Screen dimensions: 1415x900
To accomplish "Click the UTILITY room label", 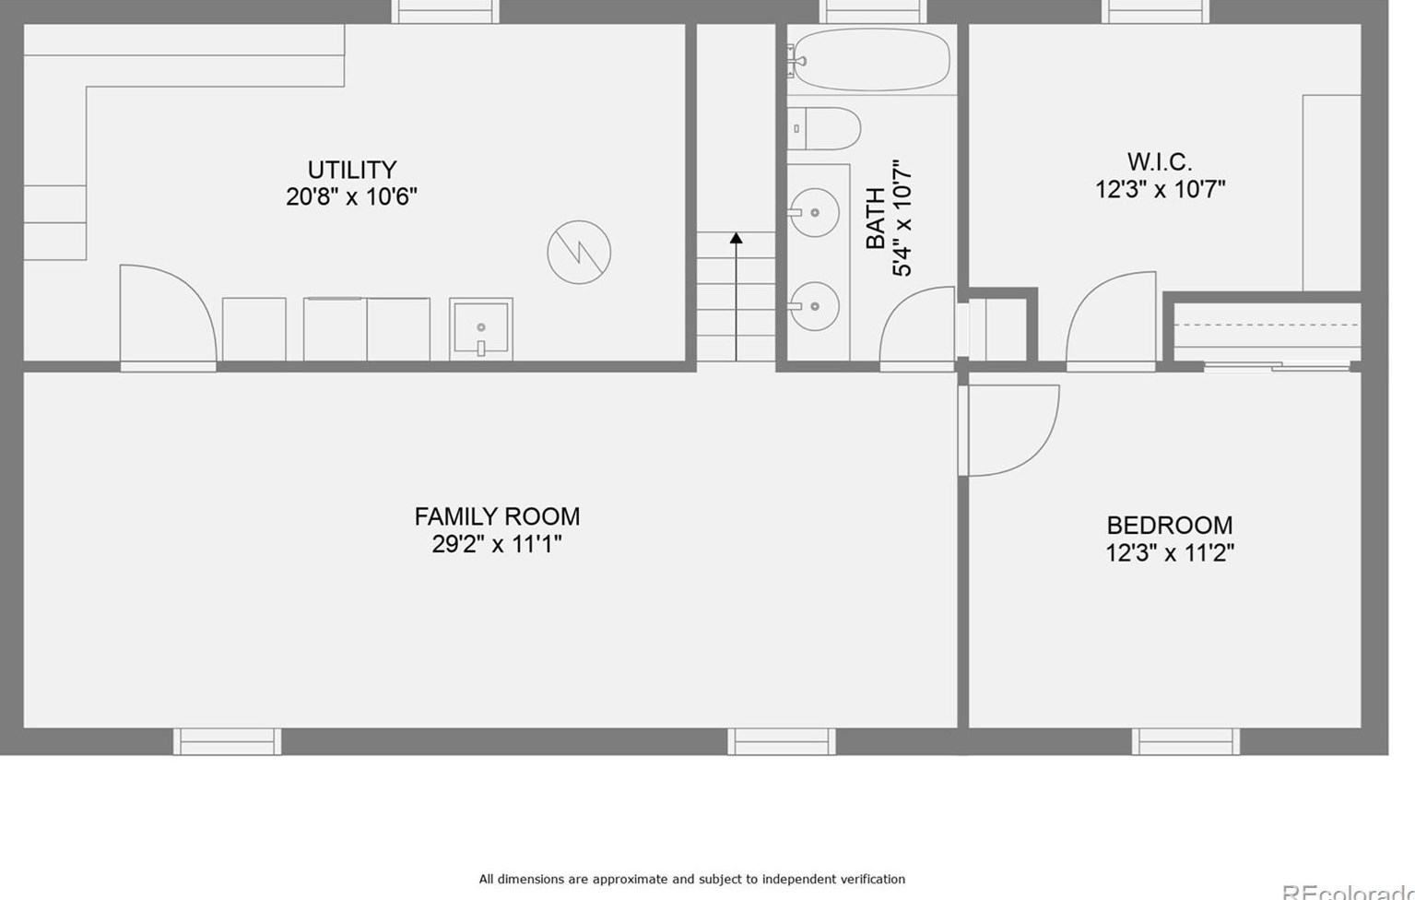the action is pyautogui.click(x=352, y=170).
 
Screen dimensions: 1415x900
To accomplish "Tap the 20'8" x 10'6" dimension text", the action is pyautogui.click(x=351, y=196).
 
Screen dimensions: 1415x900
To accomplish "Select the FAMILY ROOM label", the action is pyautogui.click(x=497, y=516).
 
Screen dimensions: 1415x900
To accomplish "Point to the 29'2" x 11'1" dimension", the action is pyautogui.click(x=497, y=543).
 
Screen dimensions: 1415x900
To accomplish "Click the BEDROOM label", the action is pyautogui.click(x=1169, y=526).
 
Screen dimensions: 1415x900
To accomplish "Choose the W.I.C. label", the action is pyautogui.click(x=1160, y=161).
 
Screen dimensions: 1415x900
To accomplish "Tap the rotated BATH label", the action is pyautogui.click(x=876, y=218).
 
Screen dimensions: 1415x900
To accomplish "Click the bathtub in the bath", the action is pyautogui.click(x=871, y=60).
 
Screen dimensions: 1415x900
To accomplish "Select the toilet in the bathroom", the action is pyautogui.click(x=824, y=128).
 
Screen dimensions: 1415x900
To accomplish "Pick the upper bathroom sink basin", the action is pyautogui.click(x=815, y=212).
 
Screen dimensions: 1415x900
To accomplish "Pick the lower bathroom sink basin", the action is pyautogui.click(x=815, y=306).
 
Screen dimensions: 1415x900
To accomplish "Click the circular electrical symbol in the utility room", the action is pyautogui.click(x=579, y=252).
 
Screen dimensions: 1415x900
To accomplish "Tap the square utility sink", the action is pyautogui.click(x=480, y=329).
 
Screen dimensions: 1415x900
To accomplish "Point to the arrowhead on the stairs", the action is pyautogui.click(x=736, y=238).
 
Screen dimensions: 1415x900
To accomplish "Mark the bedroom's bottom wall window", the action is pyautogui.click(x=1185, y=741).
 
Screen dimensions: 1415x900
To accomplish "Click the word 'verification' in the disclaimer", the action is pyautogui.click(x=872, y=879).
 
